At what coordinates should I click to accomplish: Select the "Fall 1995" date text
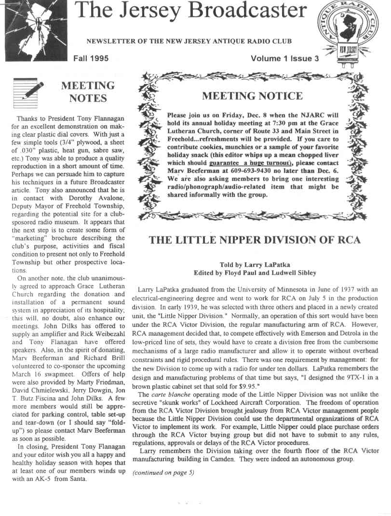(x=91, y=59)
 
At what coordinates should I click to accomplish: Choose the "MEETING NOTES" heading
(x=88, y=92)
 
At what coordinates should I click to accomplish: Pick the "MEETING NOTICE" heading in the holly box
(x=252, y=96)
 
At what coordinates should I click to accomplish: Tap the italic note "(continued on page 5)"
(x=163, y=472)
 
